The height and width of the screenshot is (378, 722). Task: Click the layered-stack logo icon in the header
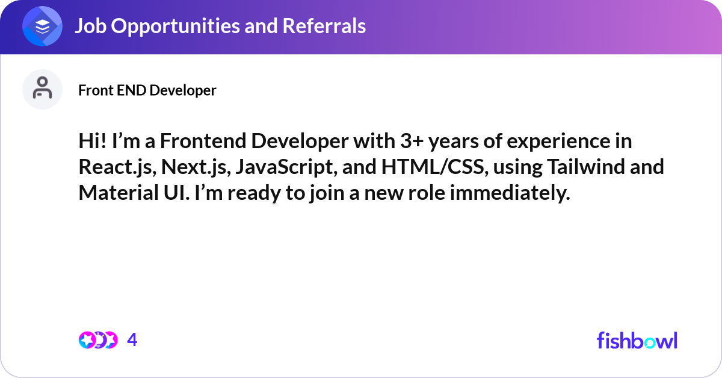pyautogui.click(x=43, y=26)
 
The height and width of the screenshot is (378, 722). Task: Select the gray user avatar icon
pyautogui.click(x=42, y=89)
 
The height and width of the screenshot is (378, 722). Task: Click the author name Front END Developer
pyautogui.click(x=147, y=90)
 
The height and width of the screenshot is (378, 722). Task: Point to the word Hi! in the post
pyautogui.click(x=93, y=141)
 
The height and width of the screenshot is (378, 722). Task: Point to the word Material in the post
pyautogui.click(x=116, y=193)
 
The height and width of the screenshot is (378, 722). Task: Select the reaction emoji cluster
pyautogui.click(x=97, y=340)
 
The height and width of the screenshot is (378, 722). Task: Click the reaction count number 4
pyautogui.click(x=132, y=340)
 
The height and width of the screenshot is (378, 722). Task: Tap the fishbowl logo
pyautogui.click(x=637, y=340)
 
